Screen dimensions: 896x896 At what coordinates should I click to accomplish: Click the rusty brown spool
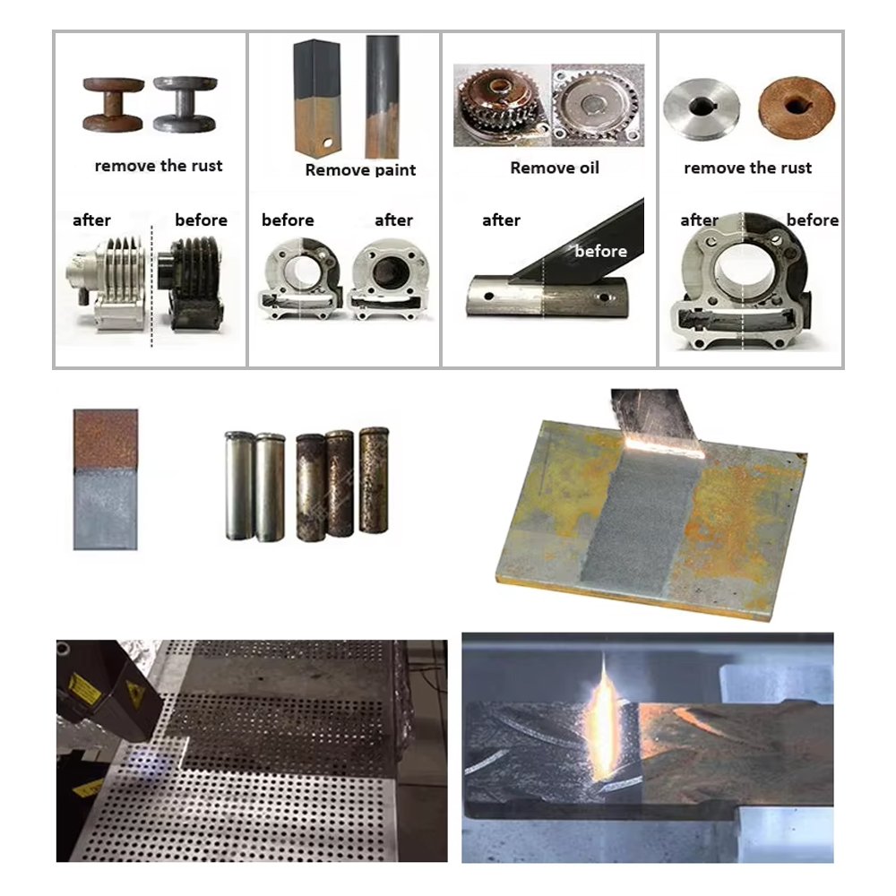pos(113,105)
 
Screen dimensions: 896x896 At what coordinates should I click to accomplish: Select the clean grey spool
pos(185,105)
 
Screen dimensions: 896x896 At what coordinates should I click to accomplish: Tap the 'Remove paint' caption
pos(360,170)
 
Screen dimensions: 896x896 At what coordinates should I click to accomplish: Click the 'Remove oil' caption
pos(555,168)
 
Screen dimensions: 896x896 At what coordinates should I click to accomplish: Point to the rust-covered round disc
pos(796,107)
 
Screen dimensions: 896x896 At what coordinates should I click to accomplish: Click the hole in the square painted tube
pos(327,142)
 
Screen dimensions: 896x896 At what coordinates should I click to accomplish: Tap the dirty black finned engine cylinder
pos(190,284)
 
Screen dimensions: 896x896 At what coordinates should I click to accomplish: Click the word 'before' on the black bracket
pos(600,252)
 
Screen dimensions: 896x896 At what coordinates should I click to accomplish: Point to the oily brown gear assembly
pos(501,107)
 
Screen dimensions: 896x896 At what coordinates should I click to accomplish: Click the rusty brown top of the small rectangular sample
pos(106,438)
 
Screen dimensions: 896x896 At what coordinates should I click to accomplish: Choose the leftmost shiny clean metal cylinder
pos(239,486)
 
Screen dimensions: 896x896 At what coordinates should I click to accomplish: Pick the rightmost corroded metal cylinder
pos(374,480)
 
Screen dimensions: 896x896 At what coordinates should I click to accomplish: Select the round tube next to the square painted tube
pos(383,97)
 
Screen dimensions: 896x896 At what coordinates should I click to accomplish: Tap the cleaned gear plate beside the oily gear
pos(598,105)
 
